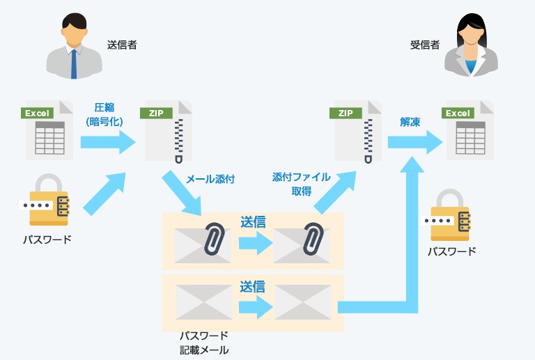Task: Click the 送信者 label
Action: click(122, 45)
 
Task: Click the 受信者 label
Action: click(425, 45)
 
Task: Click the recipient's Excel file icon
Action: click(467, 130)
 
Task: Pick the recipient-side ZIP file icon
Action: click(357, 132)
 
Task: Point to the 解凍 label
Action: click(410, 122)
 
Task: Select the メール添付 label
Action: click(210, 179)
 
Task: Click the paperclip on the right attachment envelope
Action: click(313, 238)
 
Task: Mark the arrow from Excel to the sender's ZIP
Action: click(108, 142)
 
